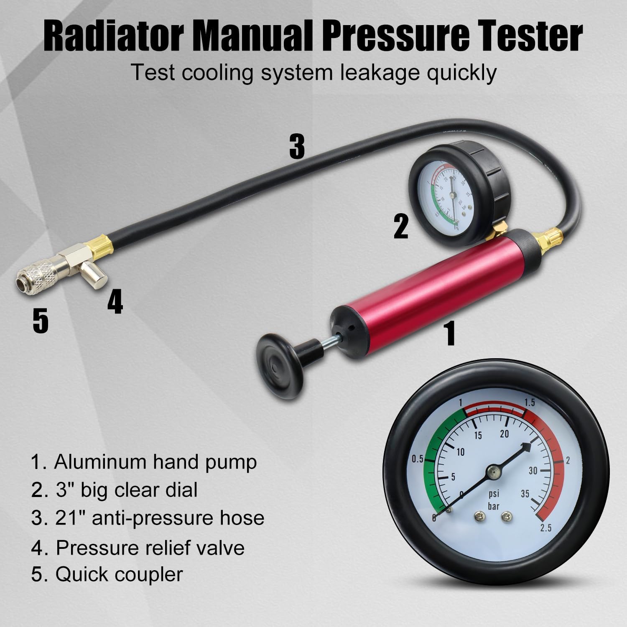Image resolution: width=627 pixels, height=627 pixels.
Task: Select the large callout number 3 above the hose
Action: (x=297, y=147)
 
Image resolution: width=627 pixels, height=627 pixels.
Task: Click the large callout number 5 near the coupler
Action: (x=41, y=321)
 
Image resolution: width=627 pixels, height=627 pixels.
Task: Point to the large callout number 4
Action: (x=115, y=303)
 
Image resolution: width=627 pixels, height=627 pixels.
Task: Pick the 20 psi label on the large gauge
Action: (x=504, y=433)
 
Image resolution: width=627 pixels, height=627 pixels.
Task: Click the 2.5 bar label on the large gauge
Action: (x=545, y=528)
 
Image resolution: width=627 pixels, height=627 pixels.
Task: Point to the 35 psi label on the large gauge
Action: (x=525, y=494)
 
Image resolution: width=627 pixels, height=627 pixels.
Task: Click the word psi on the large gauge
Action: (x=494, y=494)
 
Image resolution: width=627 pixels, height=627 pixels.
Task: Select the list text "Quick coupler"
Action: (x=119, y=574)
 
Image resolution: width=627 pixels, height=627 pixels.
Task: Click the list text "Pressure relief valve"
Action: (x=150, y=547)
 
